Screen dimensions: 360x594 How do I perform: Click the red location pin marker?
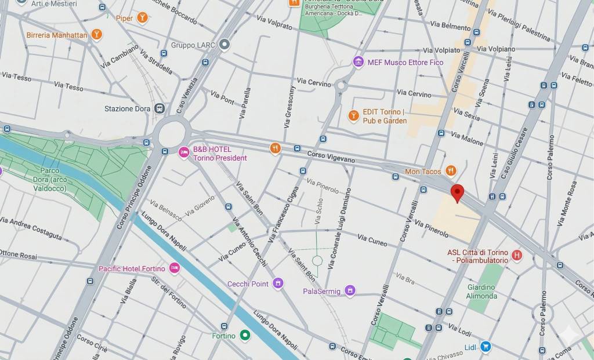(457, 192)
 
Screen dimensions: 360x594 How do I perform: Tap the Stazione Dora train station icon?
(160, 108)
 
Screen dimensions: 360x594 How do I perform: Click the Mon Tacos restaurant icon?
(451, 171)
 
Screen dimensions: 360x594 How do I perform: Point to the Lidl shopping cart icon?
(486, 347)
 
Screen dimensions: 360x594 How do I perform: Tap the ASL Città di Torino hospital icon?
(517, 255)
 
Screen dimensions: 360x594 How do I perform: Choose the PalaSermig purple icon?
(350, 290)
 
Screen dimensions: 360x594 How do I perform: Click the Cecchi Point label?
(248, 283)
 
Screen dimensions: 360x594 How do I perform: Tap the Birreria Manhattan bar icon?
(97, 35)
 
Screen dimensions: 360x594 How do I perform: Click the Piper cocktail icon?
(142, 19)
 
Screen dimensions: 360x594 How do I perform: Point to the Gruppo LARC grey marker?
(224, 45)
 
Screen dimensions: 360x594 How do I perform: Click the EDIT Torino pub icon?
(353, 116)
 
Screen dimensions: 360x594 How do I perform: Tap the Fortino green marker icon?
(245, 335)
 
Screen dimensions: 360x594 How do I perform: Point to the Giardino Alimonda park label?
(481, 291)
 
